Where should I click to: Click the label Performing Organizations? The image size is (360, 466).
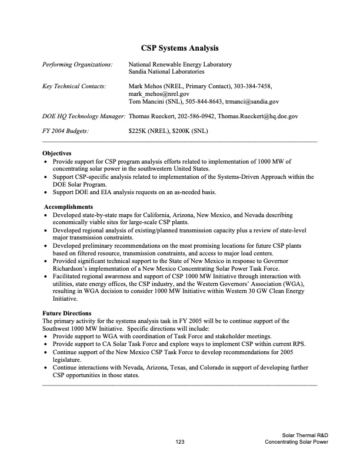pos(77,64)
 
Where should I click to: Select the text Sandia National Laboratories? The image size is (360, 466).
pos(166,72)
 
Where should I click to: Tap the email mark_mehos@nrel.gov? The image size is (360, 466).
pos(158,94)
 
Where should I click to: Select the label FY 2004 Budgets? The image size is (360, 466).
pos(66,131)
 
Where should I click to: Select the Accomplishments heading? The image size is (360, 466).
pos(68,207)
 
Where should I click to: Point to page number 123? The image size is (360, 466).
pos(180,441)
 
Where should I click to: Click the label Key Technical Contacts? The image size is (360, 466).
pos(74,86)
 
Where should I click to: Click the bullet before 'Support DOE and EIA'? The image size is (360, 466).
pos(46,192)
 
